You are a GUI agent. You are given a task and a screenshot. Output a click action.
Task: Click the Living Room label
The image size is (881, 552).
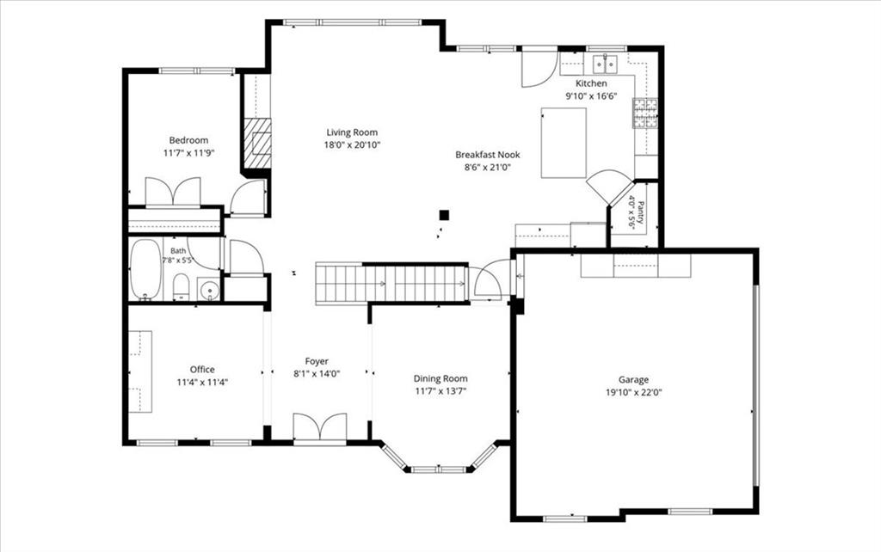point(352,132)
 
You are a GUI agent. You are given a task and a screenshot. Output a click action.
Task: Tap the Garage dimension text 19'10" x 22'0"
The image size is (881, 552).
point(634,393)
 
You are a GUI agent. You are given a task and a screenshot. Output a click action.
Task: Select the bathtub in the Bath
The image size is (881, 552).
point(145,269)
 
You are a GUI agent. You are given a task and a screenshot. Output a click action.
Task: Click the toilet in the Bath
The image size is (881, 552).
point(181,286)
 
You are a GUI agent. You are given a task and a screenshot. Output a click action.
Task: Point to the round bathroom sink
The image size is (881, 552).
point(210,290)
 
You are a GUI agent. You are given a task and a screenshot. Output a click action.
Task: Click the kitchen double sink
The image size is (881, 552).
point(606,64)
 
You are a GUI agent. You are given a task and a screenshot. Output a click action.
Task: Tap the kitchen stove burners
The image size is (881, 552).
point(645,113)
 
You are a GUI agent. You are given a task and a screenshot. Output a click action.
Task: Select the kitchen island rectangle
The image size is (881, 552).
point(564,143)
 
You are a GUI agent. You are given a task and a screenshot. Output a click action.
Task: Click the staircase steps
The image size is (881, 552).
point(391,284)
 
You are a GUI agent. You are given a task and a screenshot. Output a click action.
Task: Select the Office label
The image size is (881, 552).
point(202,370)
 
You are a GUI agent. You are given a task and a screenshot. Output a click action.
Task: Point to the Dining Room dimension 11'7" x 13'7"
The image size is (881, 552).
point(440,391)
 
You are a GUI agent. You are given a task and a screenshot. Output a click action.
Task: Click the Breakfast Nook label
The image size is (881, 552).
point(488,155)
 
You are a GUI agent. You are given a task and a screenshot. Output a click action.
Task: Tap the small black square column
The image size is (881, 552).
point(445,214)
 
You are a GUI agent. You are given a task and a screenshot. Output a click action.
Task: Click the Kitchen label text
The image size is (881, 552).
point(591,83)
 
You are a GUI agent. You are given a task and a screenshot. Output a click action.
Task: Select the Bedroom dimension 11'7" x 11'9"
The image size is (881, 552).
point(188,153)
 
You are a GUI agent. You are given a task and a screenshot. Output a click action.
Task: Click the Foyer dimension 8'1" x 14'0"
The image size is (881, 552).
point(317,373)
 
